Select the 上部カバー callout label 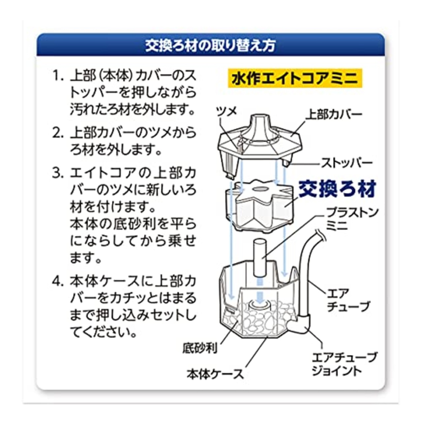click(334, 114)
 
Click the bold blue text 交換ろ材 click(337, 189)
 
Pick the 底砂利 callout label click(200, 348)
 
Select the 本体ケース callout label click(215, 374)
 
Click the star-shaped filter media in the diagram click(259, 204)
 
